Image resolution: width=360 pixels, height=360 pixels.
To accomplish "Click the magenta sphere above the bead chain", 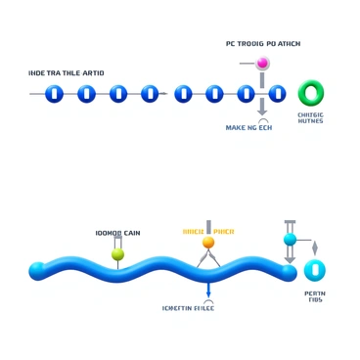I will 262,64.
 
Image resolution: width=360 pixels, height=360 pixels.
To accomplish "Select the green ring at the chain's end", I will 310,93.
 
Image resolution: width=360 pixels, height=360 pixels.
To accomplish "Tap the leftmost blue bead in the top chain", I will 55,94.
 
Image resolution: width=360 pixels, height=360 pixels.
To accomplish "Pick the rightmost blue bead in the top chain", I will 278,94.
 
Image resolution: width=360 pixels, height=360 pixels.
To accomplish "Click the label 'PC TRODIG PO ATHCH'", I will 263,44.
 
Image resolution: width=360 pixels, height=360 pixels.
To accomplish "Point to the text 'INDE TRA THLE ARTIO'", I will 67,73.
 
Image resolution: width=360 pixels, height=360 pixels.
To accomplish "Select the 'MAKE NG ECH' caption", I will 248,127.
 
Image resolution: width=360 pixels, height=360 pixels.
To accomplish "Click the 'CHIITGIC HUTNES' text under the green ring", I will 310,118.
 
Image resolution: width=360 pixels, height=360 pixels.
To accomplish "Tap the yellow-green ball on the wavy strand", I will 118,254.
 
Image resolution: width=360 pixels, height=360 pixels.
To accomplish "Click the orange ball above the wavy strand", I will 208,243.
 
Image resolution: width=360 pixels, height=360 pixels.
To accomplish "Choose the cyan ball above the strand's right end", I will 290,240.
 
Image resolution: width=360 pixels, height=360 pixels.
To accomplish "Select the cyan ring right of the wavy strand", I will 314,270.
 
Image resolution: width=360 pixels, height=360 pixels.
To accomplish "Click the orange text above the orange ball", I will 208,232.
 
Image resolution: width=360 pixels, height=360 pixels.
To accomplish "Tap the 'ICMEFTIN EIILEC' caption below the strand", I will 189,308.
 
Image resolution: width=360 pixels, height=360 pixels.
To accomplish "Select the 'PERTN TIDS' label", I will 315,296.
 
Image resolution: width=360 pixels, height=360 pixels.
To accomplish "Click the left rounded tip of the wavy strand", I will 37,270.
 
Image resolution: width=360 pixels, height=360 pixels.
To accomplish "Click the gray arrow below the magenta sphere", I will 262,107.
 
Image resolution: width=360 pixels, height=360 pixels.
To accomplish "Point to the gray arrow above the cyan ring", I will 315,247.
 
